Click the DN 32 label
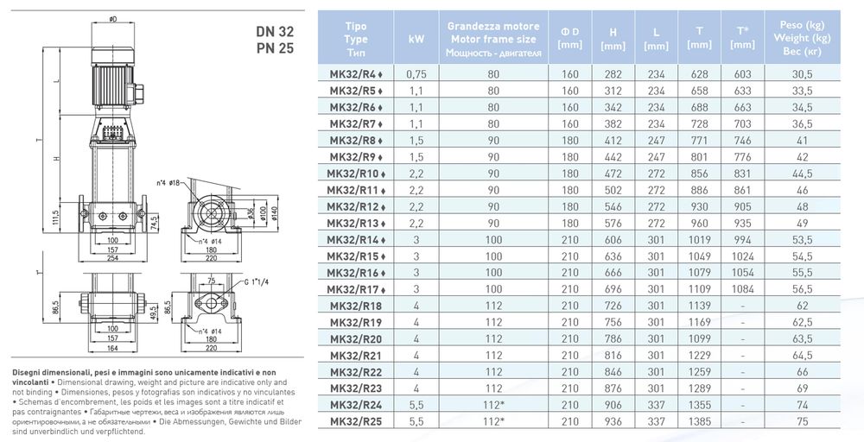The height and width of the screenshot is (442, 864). click(x=275, y=31)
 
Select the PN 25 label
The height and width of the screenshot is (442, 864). click(x=275, y=48)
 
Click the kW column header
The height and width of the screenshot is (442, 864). click(x=416, y=39)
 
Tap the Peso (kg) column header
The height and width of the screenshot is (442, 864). click(x=802, y=25)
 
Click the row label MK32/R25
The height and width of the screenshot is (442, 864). click(x=355, y=421)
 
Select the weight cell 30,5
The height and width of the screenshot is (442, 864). click(x=803, y=73)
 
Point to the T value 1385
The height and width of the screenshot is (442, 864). click(x=699, y=421)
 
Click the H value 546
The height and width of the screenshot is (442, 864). click(x=613, y=206)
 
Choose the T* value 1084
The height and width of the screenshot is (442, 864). click(x=742, y=289)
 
